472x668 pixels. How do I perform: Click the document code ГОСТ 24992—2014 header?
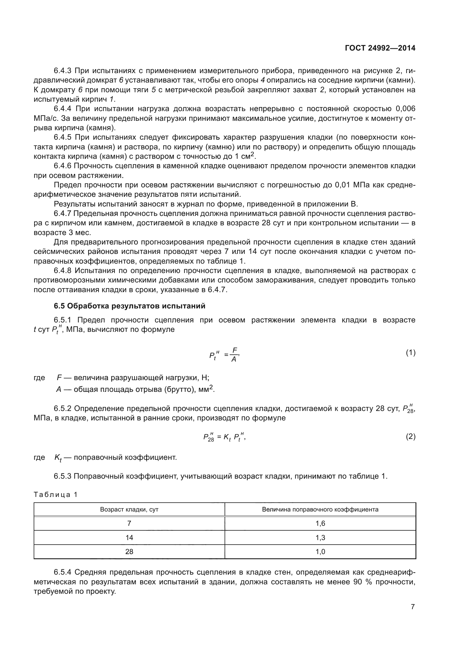[380, 48]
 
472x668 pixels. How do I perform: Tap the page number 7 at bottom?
[413, 607]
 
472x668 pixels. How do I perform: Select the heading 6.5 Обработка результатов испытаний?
[129, 306]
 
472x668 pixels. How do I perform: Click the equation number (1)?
[410, 353]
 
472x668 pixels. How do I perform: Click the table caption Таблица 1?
[56, 495]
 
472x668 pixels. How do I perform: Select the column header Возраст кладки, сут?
[129, 509]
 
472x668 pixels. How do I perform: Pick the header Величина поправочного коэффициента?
[320, 509]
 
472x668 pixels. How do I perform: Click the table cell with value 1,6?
[320, 523]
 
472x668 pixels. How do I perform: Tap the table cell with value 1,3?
[320, 537]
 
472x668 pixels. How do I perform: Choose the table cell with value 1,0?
[320, 551]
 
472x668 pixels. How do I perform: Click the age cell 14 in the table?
[129, 537]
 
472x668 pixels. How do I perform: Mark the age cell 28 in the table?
[129, 551]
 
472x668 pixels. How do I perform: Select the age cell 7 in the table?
[129, 523]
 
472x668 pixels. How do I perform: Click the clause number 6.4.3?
[62, 71]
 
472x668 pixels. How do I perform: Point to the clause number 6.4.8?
[62, 270]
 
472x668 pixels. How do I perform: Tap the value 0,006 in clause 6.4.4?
[405, 109]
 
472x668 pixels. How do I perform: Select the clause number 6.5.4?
[62, 572]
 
